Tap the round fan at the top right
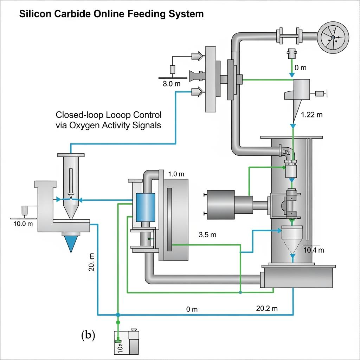[x=333, y=36]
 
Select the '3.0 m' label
[x=172, y=84]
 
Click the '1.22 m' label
[x=312, y=115]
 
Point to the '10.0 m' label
[x=23, y=224]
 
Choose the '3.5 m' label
[x=207, y=235]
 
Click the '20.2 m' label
[x=267, y=308]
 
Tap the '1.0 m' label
[x=176, y=174]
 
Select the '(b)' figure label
[x=88, y=335]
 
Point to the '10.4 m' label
[x=313, y=250]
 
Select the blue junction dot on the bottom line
[x=118, y=315]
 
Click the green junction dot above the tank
[x=118, y=322]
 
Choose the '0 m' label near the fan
[x=301, y=68]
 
